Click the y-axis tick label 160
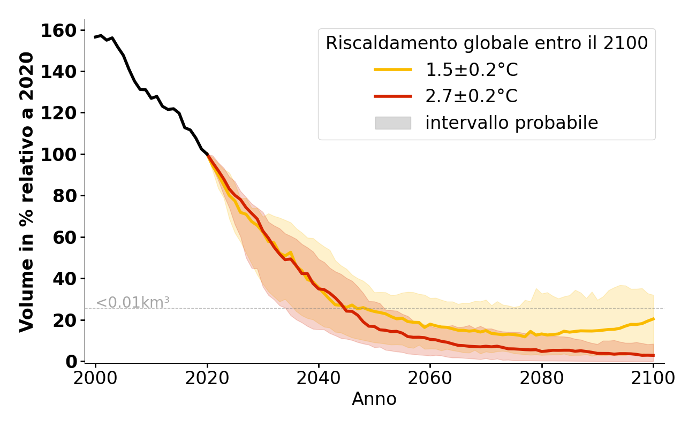(64, 30)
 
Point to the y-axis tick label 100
(64, 155)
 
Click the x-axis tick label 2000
(96, 378)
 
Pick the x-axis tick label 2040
(319, 378)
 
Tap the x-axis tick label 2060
(430, 378)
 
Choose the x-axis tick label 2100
(653, 378)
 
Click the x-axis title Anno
(374, 399)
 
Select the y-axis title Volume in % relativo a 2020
(27, 192)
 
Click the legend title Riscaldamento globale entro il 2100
(487, 43)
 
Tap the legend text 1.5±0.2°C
(472, 70)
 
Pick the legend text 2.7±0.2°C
(472, 96)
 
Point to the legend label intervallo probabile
(511, 123)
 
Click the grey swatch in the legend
(393, 123)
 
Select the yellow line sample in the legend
(393, 70)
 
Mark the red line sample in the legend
(393, 96)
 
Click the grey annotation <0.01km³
(133, 302)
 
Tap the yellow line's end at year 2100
(653, 319)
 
